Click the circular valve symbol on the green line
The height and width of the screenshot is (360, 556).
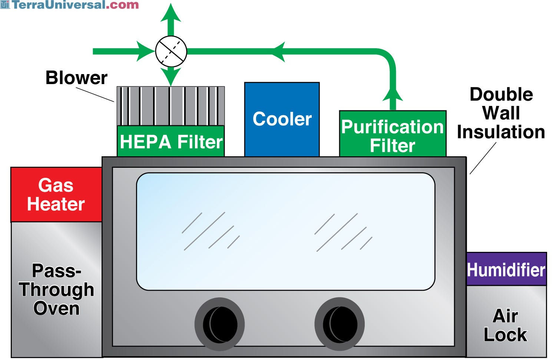coord(171,51)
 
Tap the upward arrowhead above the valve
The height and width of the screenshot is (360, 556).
coord(171,13)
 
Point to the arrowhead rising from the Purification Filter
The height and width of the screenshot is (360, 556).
coord(393,95)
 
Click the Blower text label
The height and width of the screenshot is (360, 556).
coord(76,78)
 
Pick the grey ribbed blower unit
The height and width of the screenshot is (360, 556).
coord(171,106)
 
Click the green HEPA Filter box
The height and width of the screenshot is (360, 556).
coord(171,141)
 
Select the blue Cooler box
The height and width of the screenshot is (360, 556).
coord(282,120)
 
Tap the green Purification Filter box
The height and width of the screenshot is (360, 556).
coord(393,134)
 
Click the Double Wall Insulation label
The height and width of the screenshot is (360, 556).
coord(501,113)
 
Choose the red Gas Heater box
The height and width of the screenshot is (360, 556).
coord(56,194)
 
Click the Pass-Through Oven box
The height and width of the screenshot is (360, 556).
coord(57,290)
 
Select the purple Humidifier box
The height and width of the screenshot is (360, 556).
coord(506,269)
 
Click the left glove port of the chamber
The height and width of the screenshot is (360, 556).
coord(220,324)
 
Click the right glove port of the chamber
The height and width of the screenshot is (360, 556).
coord(340,324)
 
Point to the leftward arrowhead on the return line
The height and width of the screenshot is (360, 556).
coord(278,51)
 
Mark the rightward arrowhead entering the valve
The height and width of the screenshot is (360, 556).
coord(145,51)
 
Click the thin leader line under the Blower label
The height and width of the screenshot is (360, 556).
coord(95,94)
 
